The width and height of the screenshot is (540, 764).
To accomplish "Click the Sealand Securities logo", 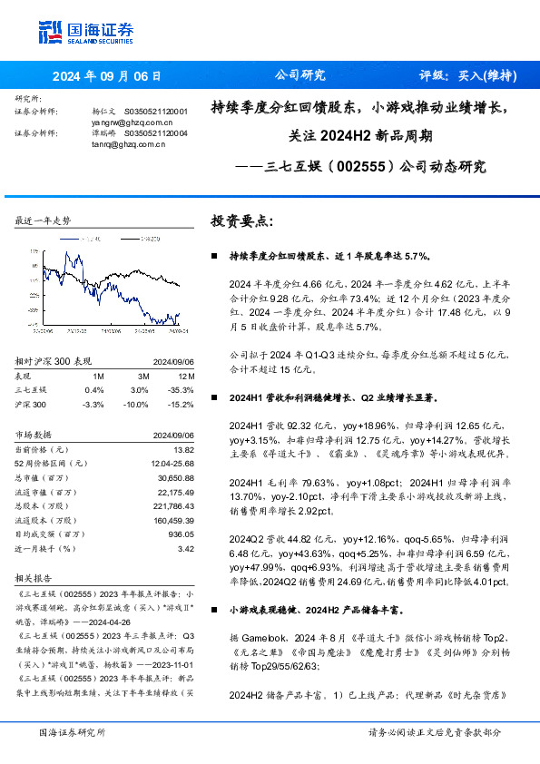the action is [x=85, y=32].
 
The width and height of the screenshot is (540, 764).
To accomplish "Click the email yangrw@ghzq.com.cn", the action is [x=132, y=121].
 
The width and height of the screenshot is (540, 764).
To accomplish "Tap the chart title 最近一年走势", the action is [x=44, y=221].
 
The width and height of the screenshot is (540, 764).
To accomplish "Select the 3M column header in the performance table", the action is [x=142, y=375].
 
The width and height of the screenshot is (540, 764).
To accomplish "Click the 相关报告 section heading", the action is [x=34, y=577].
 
